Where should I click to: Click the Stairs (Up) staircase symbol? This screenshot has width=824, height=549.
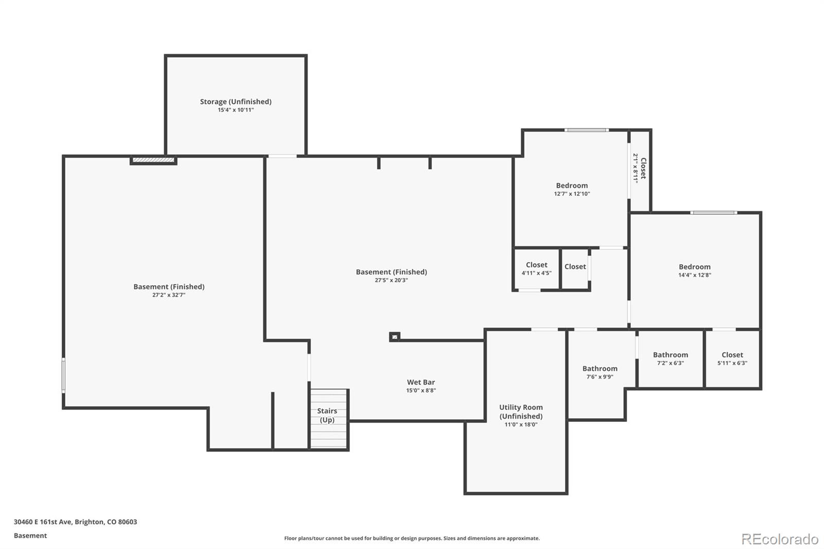pos(329,419)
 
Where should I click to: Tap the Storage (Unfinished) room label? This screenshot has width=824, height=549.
pos(235,101)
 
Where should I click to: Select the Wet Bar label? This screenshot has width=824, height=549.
pos(421,382)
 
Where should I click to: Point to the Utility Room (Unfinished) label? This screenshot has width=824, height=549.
pos(521,412)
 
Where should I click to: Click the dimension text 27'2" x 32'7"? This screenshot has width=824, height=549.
pos(169,295)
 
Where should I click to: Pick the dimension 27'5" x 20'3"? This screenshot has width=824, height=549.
pos(391,280)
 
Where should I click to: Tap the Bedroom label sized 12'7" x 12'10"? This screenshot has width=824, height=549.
pos(572,186)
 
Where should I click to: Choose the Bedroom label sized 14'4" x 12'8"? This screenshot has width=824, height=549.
pos(695,267)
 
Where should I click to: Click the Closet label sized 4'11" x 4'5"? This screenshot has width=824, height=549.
pos(536,265)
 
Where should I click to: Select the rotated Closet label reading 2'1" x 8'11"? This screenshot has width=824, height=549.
pos(643,168)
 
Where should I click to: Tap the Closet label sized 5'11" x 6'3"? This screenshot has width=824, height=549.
pos(732,355)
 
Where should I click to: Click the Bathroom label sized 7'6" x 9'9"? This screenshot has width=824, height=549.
pos(599,369)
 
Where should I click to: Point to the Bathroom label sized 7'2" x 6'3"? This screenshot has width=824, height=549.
pos(670,355)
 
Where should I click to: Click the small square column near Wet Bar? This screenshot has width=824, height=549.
pos(394,337)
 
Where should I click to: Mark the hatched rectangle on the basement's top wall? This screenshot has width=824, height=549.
pos(153,160)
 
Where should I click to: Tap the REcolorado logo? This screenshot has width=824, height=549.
pos(780,539)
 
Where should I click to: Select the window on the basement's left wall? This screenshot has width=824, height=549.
pos(63,375)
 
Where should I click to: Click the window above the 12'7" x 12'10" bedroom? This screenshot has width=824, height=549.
pos(587,130)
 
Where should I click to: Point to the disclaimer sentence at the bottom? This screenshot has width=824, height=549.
pos(412,538)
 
